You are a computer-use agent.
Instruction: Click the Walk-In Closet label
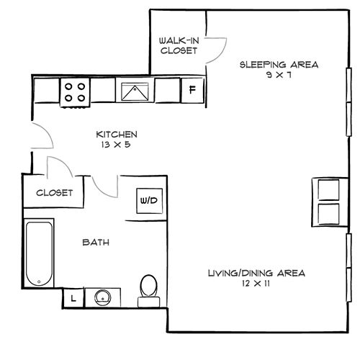click(179, 45)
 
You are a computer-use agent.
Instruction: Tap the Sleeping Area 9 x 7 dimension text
click(279, 75)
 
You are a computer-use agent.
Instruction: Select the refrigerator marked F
click(192, 90)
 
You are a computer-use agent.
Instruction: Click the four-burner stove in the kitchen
click(75, 92)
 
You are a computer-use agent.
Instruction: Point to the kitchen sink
click(135, 91)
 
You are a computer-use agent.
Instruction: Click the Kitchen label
click(117, 135)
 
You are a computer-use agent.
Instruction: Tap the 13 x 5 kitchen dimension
click(116, 145)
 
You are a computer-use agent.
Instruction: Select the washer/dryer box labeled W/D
click(149, 201)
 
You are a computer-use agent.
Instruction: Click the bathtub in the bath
click(39, 253)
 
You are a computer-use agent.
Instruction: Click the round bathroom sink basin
click(103, 297)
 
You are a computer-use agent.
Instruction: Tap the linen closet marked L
click(73, 298)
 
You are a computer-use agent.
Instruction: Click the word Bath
click(96, 243)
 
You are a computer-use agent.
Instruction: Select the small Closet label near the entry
click(54, 193)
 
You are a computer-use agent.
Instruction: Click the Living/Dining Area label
click(256, 273)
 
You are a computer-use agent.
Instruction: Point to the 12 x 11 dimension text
click(256, 284)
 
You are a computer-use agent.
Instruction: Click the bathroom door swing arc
click(102, 192)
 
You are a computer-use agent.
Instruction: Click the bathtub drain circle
click(39, 282)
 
